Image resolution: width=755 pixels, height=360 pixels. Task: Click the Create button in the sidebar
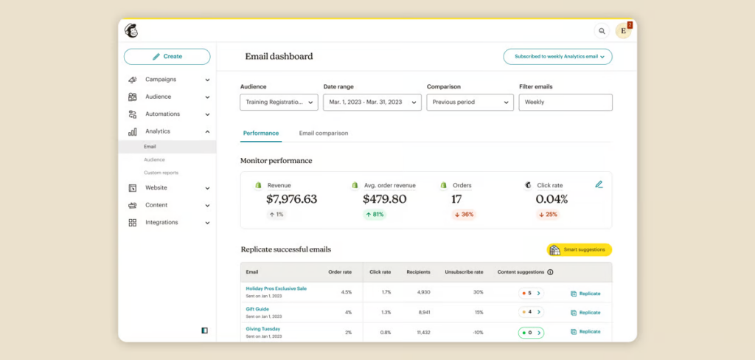167,56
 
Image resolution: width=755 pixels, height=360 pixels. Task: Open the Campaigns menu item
160,80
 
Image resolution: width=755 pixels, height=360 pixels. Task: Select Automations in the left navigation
162,114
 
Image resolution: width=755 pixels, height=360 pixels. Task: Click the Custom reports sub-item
161,173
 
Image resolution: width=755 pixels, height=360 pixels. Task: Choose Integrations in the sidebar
161,223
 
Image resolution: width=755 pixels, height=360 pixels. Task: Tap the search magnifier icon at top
602,31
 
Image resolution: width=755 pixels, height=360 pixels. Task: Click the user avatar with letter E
623,31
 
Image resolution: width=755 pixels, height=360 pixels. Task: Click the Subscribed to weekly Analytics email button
557,56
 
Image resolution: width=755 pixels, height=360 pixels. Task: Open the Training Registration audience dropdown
279,103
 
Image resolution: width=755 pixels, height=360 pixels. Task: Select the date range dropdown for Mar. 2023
371,103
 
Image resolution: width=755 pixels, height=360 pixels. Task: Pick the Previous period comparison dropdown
470,103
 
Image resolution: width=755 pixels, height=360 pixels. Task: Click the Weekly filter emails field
565,103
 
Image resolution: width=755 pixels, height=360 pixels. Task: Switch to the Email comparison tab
324,134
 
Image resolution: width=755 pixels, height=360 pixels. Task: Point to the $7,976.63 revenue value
291,199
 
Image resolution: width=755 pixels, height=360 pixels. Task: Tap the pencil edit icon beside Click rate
599,184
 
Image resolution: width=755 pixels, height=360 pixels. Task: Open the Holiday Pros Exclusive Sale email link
276,288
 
